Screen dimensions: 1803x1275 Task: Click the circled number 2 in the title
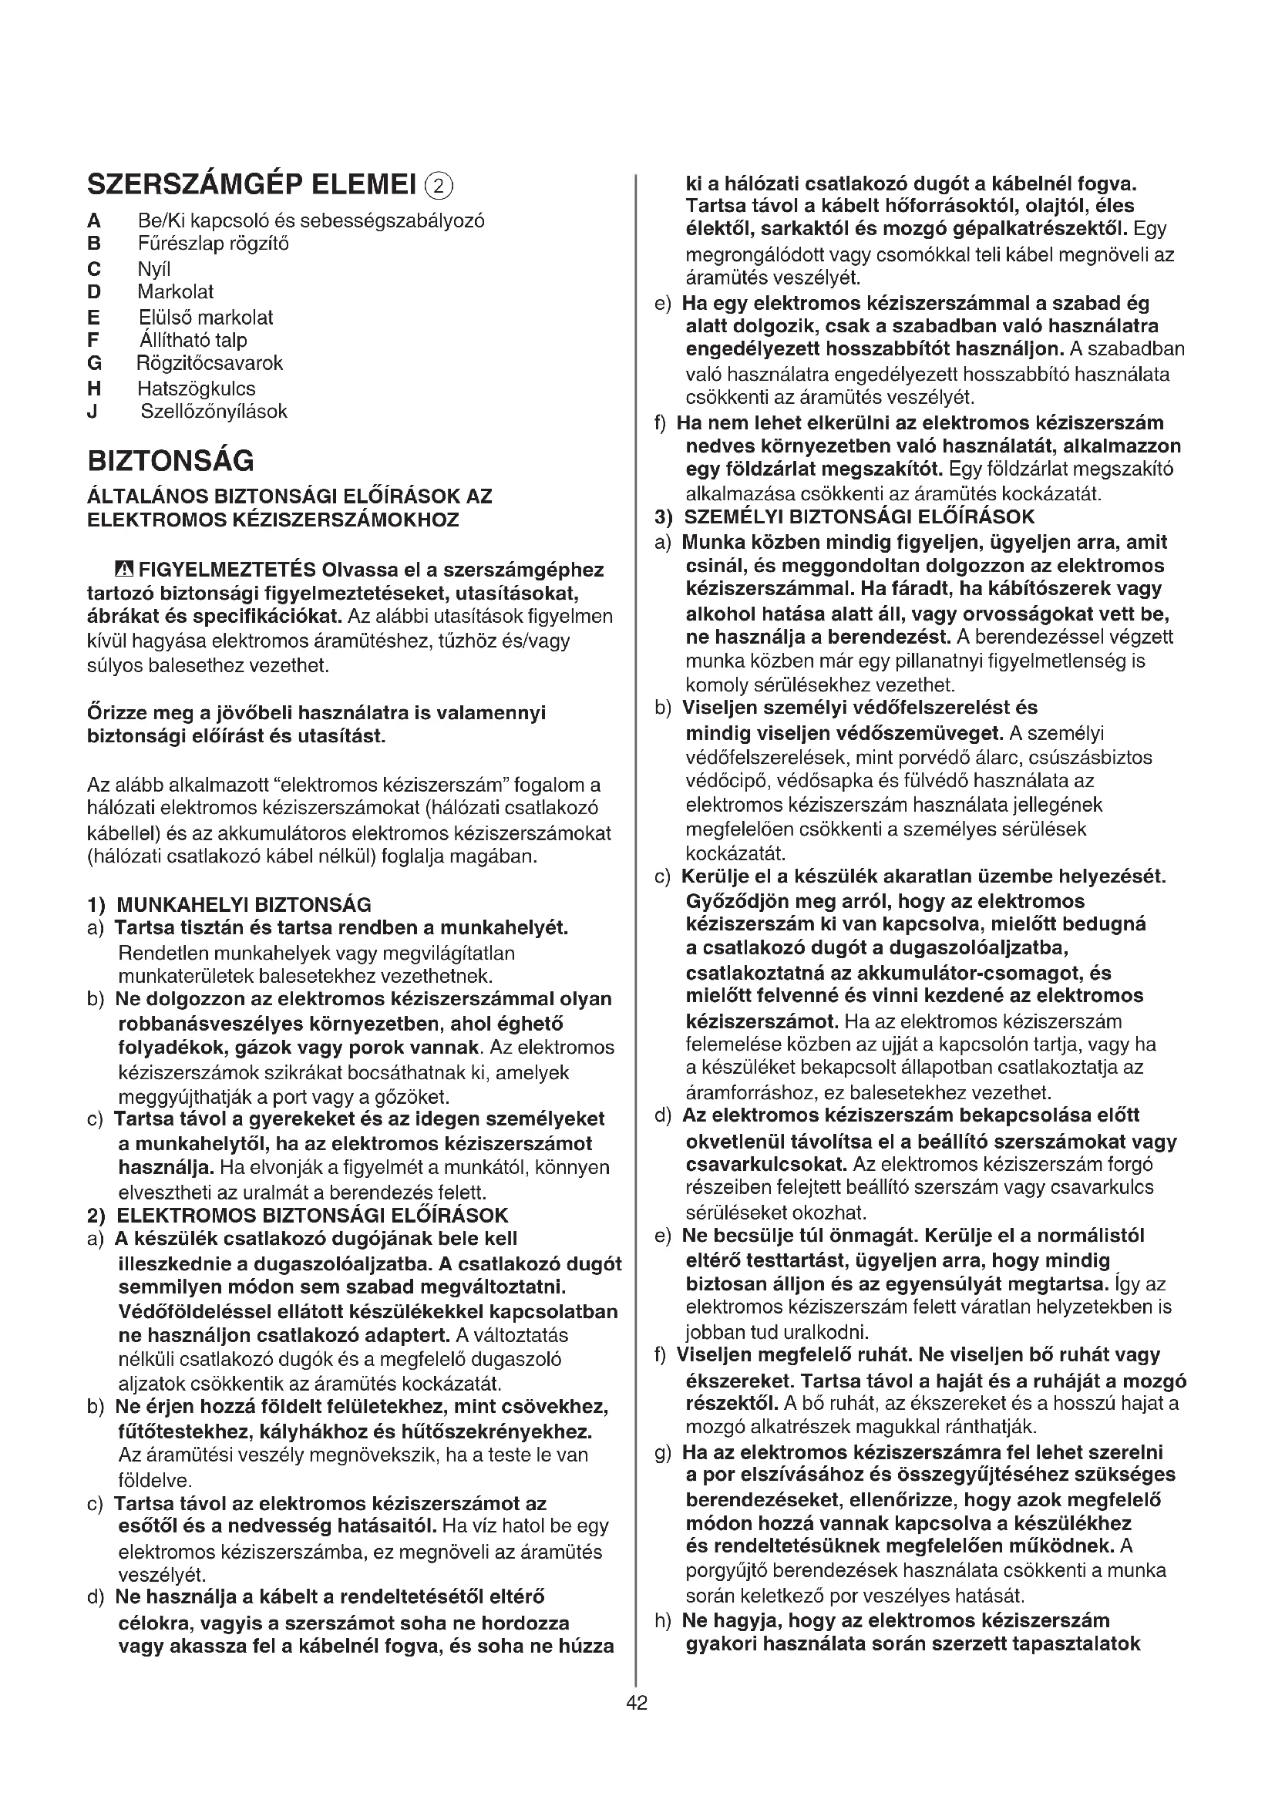[439, 186]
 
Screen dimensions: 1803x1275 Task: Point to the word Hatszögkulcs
[197, 389]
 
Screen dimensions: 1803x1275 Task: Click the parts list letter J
[92, 412]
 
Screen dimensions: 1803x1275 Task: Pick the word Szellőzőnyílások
[214, 412]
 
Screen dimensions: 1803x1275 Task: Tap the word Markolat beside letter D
[175, 292]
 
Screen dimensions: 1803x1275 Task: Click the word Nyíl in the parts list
[154, 269]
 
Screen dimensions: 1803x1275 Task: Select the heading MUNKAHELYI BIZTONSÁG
[244, 905]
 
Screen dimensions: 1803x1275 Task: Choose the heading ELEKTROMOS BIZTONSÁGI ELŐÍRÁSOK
[312, 1216]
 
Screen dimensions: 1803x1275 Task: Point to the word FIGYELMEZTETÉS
[227, 570]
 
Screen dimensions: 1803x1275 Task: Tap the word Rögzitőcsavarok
[210, 364]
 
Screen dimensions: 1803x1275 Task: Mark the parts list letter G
[94, 364]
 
